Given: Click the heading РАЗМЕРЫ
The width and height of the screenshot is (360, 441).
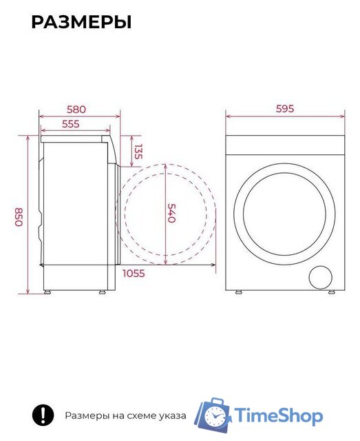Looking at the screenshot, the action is point(81,22).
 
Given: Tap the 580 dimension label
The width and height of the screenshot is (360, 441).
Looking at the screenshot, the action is point(76,110).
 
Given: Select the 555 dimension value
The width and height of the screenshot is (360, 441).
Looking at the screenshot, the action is point(71,124).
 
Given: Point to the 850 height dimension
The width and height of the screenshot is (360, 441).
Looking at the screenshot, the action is point(19,217).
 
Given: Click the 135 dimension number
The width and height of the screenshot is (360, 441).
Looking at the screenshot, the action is point(138,152).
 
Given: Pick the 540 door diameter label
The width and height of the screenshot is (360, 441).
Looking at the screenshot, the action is point(171,213).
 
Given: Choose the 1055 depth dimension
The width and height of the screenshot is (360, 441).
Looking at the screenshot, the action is point(134,274).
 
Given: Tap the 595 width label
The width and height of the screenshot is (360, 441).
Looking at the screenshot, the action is point(285,109).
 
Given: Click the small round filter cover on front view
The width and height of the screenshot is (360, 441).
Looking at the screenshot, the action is point(320,277).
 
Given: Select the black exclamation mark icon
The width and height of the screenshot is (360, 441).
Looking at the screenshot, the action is point(43,415).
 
